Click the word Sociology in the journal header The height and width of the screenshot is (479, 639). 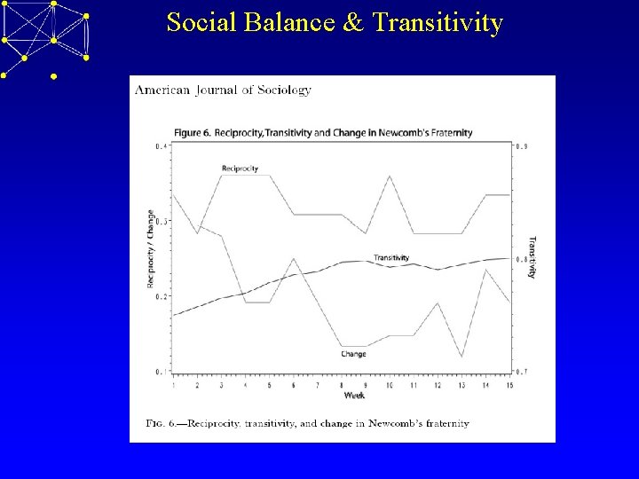(x=282, y=90)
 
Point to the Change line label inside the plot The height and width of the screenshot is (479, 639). (x=353, y=354)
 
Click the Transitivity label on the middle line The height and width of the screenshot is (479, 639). (x=391, y=257)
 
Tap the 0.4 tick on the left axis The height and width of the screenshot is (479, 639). (x=160, y=146)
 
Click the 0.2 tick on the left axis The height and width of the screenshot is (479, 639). (x=160, y=296)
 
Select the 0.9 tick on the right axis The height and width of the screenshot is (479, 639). (x=523, y=146)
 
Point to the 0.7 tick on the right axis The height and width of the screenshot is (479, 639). (x=523, y=372)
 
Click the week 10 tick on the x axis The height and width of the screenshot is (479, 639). (x=389, y=386)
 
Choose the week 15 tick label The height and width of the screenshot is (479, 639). (x=509, y=386)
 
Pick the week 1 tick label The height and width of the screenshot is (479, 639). (x=173, y=386)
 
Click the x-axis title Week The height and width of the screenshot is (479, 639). (x=353, y=395)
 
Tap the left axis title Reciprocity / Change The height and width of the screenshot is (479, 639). (x=150, y=249)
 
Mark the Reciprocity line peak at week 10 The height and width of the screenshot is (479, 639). (x=389, y=177)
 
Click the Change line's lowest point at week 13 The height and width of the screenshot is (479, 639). (x=461, y=357)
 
